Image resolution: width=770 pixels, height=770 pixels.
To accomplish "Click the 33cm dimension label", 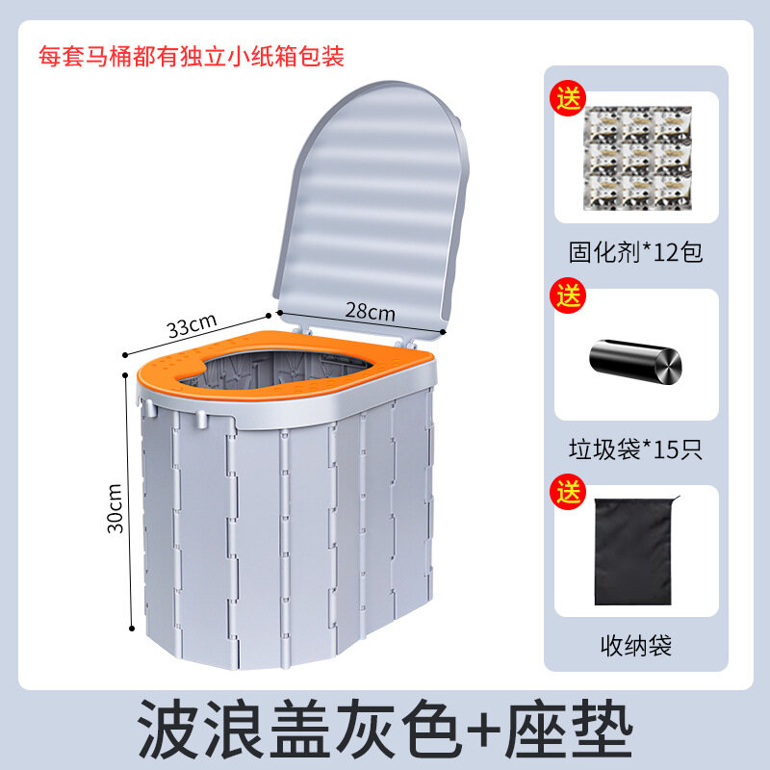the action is [x=192, y=325].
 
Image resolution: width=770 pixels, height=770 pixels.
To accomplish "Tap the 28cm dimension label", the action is [x=371, y=311].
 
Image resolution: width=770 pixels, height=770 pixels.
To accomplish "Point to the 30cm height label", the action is [x=115, y=508].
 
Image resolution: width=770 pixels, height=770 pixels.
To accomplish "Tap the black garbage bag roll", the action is [x=635, y=361].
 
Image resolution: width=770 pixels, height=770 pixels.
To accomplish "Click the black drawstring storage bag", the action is [x=635, y=551].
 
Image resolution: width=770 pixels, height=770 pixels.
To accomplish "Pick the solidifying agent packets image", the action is [x=637, y=158].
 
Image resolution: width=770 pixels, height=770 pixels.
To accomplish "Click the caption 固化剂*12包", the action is [x=636, y=252].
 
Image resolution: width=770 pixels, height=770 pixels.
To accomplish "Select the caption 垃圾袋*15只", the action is [x=636, y=449].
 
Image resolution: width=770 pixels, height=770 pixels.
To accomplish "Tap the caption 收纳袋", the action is [x=636, y=645].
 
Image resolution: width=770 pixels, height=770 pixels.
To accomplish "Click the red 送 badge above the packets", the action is [x=568, y=98].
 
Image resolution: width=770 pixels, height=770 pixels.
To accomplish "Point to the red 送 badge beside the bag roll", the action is [x=568, y=295].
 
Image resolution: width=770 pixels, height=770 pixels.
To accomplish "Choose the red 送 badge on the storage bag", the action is [x=568, y=492].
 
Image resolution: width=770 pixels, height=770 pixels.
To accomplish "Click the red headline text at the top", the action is [x=192, y=56].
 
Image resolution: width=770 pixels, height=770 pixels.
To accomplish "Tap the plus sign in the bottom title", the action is [x=483, y=731].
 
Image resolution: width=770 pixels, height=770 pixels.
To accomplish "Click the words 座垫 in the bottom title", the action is [x=570, y=730].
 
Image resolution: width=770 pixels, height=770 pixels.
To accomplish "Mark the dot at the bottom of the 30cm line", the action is [x=132, y=629].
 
